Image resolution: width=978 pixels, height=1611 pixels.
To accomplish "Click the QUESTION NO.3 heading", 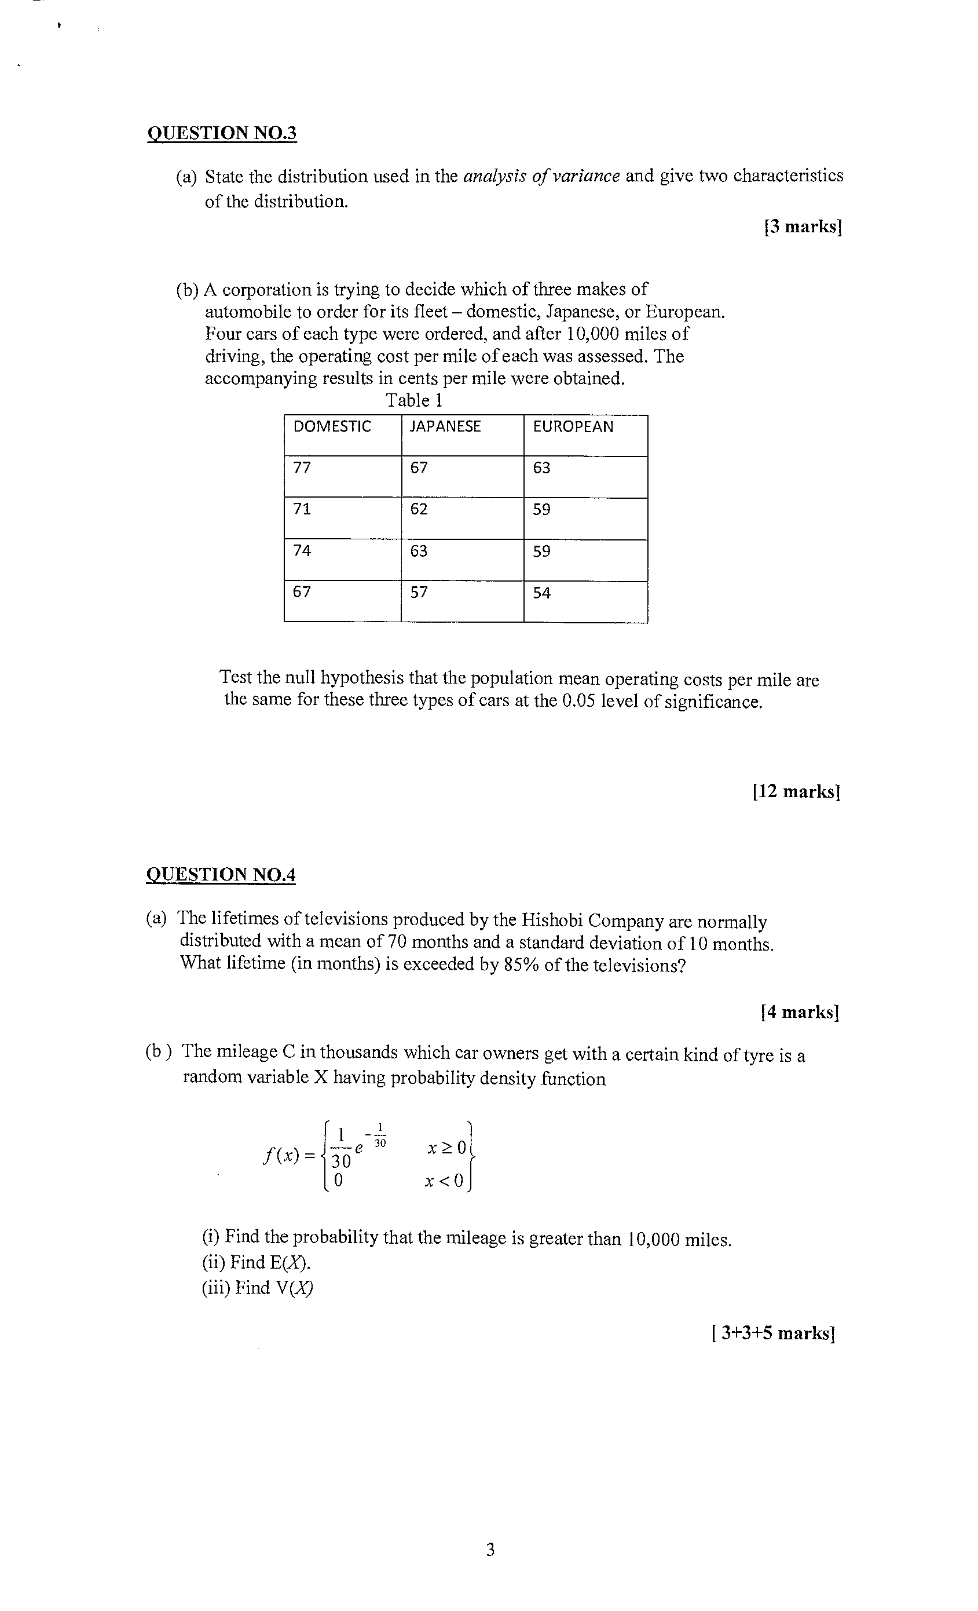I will [x=222, y=133].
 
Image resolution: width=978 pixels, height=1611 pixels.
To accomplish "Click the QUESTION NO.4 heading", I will [x=221, y=874].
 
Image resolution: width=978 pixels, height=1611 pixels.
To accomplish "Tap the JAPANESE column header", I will [x=445, y=426].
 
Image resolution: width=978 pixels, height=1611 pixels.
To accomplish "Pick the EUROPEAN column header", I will [x=573, y=426].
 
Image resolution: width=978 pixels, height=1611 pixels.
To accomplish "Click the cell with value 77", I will [x=302, y=467].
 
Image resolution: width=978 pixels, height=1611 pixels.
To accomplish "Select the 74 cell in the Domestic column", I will [x=302, y=550].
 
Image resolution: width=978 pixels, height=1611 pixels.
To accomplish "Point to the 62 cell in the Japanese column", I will [x=419, y=509].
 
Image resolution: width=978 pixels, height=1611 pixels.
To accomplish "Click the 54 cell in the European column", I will [x=541, y=593].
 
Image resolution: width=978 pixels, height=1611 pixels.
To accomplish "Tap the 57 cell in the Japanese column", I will [x=419, y=593].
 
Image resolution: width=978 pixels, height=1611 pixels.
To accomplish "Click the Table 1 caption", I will [x=414, y=400].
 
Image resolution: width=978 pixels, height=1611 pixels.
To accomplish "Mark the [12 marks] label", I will [x=796, y=791].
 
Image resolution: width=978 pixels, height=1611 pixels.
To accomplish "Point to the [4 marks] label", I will [x=800, y=1012].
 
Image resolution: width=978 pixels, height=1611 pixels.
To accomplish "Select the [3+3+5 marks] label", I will [x=774, y=1332].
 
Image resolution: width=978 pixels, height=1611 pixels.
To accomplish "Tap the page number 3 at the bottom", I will [x=490, y=1550].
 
